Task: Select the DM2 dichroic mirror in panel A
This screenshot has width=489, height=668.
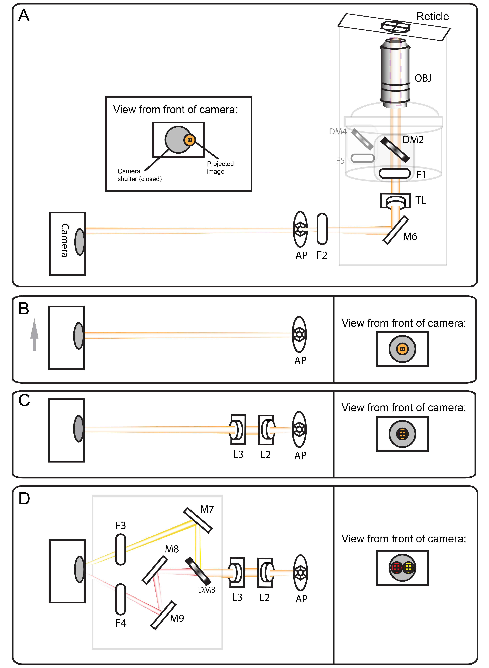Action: [395, 150]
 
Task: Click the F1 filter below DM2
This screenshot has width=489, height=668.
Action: [395, 173]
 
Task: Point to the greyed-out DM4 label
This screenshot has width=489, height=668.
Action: [337, 132]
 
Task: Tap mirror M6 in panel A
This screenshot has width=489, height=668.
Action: [396, 230]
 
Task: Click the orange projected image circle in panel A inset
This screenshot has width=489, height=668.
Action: [190, 140]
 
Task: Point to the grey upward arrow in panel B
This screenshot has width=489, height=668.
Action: [34, 334]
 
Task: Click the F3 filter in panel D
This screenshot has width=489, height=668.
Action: [120, 549]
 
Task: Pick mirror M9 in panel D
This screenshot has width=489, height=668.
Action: [163, 615]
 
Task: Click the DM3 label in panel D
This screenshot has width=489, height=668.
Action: [207, 590]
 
